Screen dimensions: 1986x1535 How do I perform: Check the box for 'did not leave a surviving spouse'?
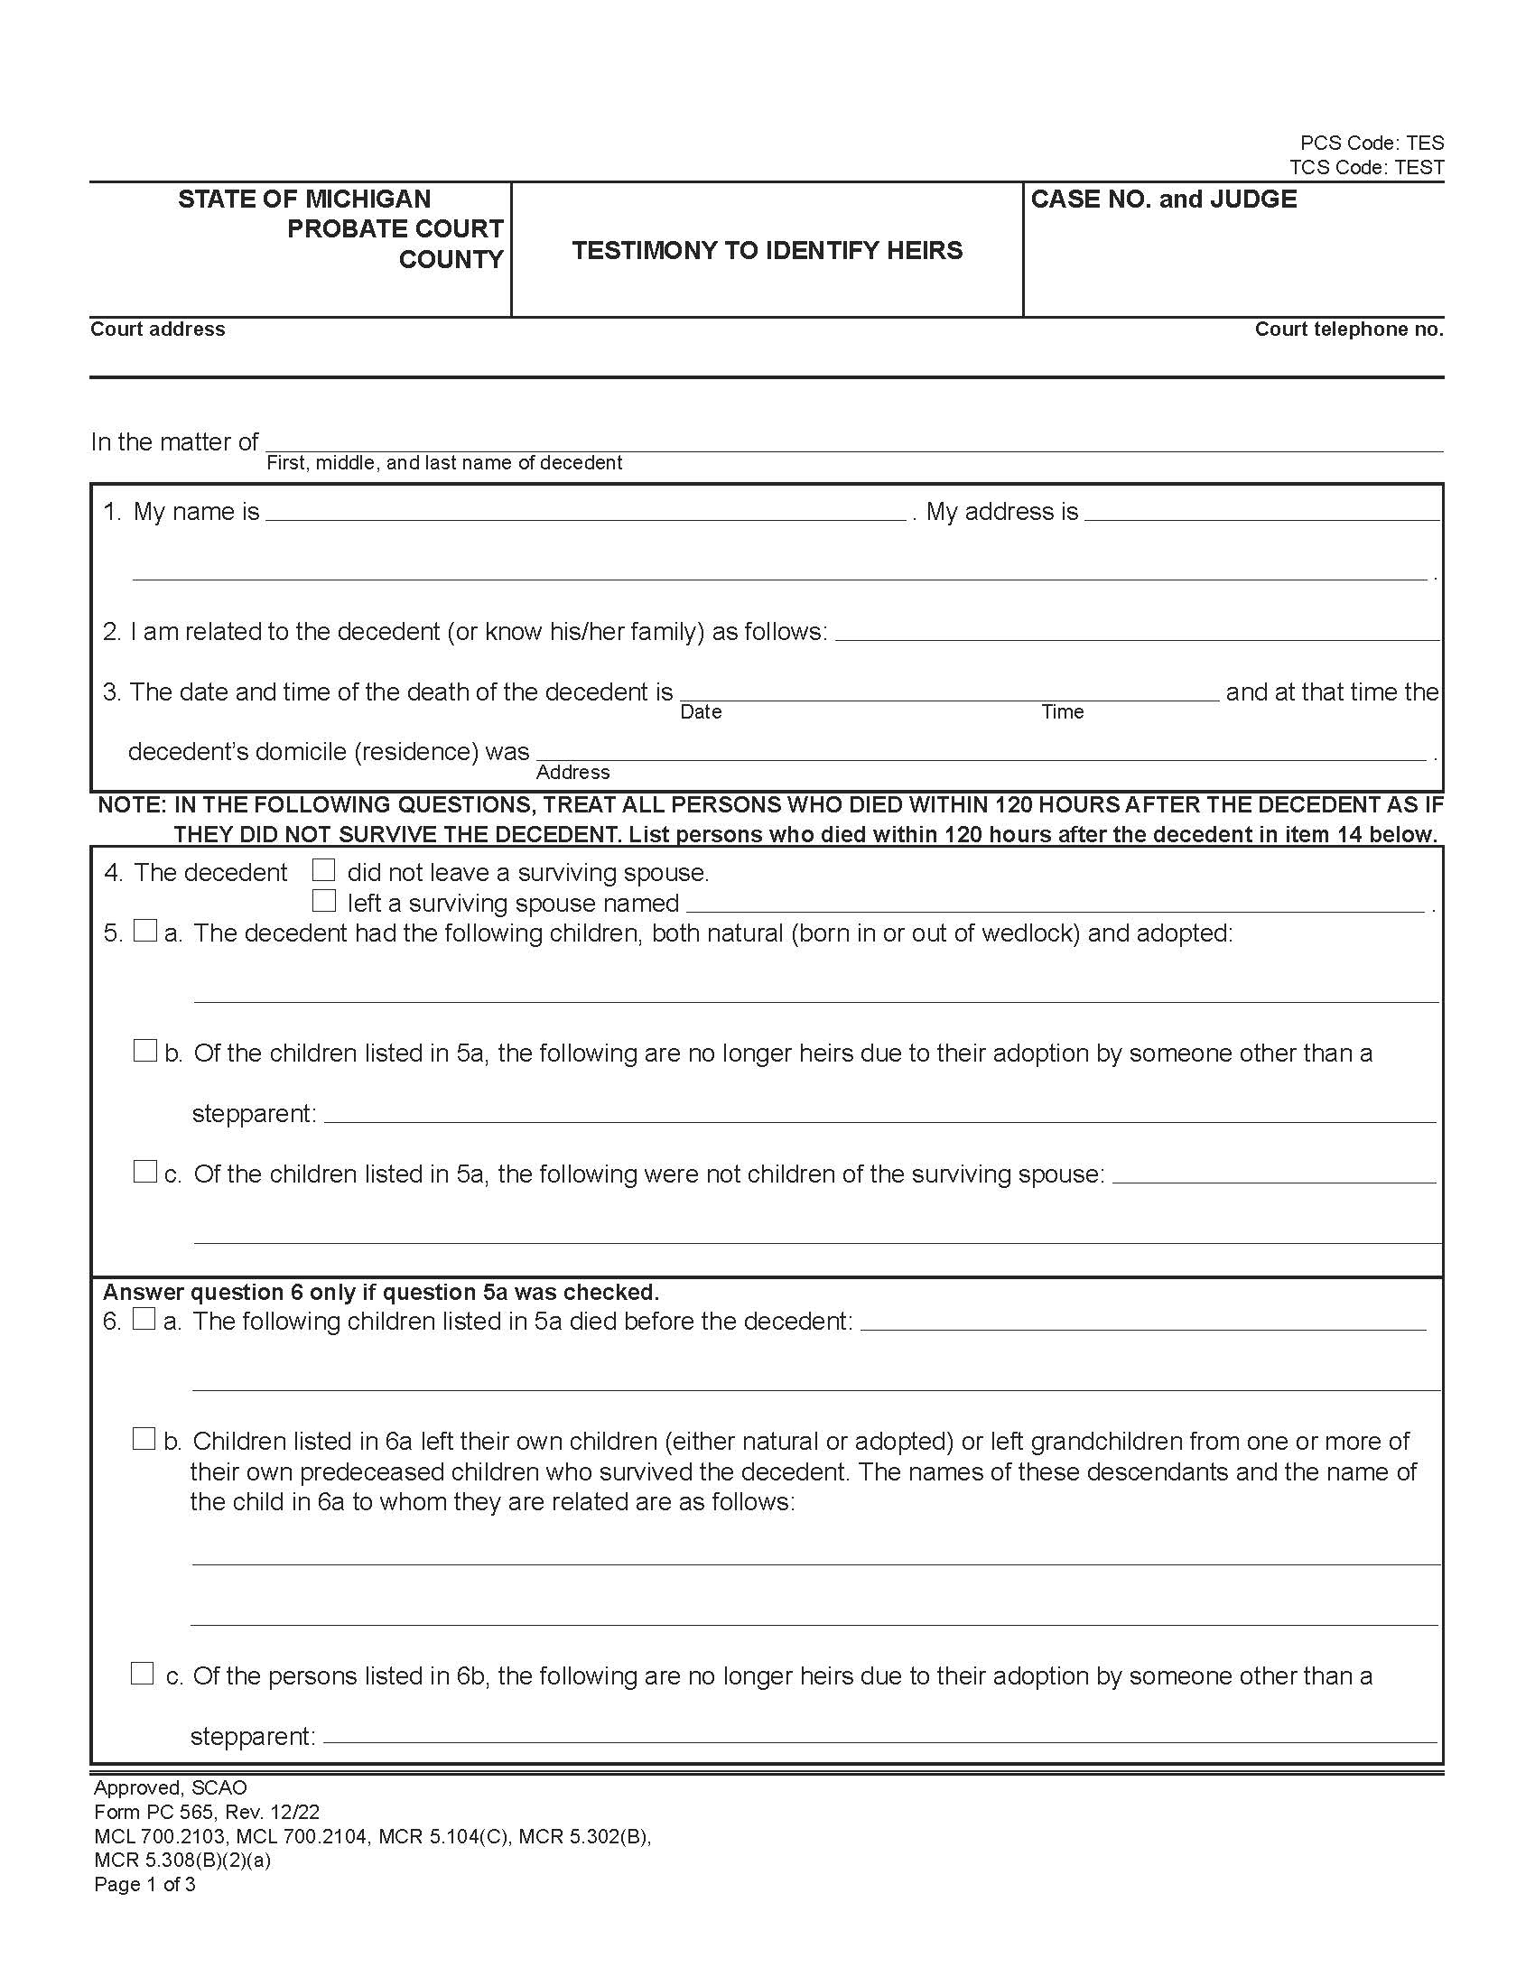(324, 870)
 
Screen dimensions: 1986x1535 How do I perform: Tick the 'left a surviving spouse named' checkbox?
(324, 901)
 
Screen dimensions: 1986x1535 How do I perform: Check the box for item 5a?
(144, 932)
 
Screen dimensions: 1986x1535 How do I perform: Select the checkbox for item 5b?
(144, 1051)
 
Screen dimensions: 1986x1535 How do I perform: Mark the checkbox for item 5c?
(144, 1172)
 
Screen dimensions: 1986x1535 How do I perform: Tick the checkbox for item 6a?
(144, 1320)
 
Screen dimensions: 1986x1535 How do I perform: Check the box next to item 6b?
(144, 1440)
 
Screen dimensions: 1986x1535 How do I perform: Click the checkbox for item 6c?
(143, 1674)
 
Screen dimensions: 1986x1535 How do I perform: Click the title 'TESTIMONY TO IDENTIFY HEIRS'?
(767, 250)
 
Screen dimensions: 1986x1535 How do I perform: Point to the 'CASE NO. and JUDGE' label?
(1163, 200)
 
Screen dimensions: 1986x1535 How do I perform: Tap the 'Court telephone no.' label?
(1349, 329)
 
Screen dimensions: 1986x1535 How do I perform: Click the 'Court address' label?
(157, 329)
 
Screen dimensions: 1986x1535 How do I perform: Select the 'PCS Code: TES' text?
(1372, 143)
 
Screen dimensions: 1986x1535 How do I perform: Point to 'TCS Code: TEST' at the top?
(1366, 167)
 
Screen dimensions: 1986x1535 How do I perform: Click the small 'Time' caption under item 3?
(1062, 712)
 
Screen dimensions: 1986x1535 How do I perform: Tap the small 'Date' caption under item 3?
(700, 712)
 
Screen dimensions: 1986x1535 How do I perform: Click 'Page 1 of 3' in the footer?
(144, 1884)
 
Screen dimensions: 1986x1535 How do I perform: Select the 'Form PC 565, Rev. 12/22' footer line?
(207, 1812)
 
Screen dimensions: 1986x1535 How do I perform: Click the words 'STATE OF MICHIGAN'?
(303, 200)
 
